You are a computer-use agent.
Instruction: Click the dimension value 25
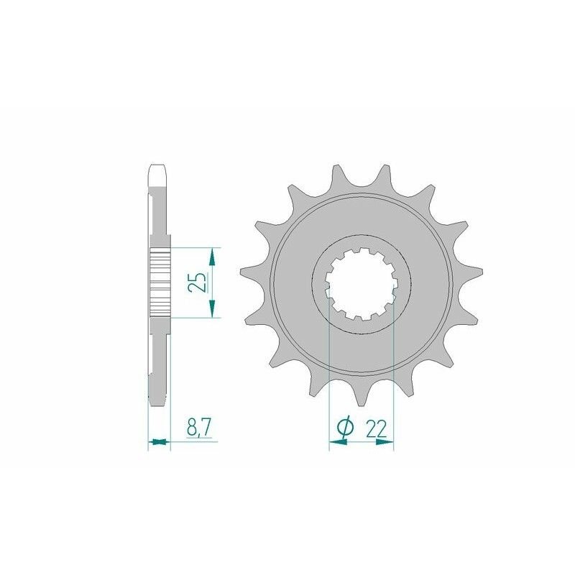coord(199,282)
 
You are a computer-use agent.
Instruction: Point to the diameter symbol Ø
coord(345,428)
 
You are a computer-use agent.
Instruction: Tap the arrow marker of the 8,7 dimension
coord(159,441)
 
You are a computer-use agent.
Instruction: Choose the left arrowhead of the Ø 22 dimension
coord(336,443)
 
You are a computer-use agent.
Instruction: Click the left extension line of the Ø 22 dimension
coord(328,374)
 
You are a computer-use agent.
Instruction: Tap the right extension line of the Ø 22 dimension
coord(394,374)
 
